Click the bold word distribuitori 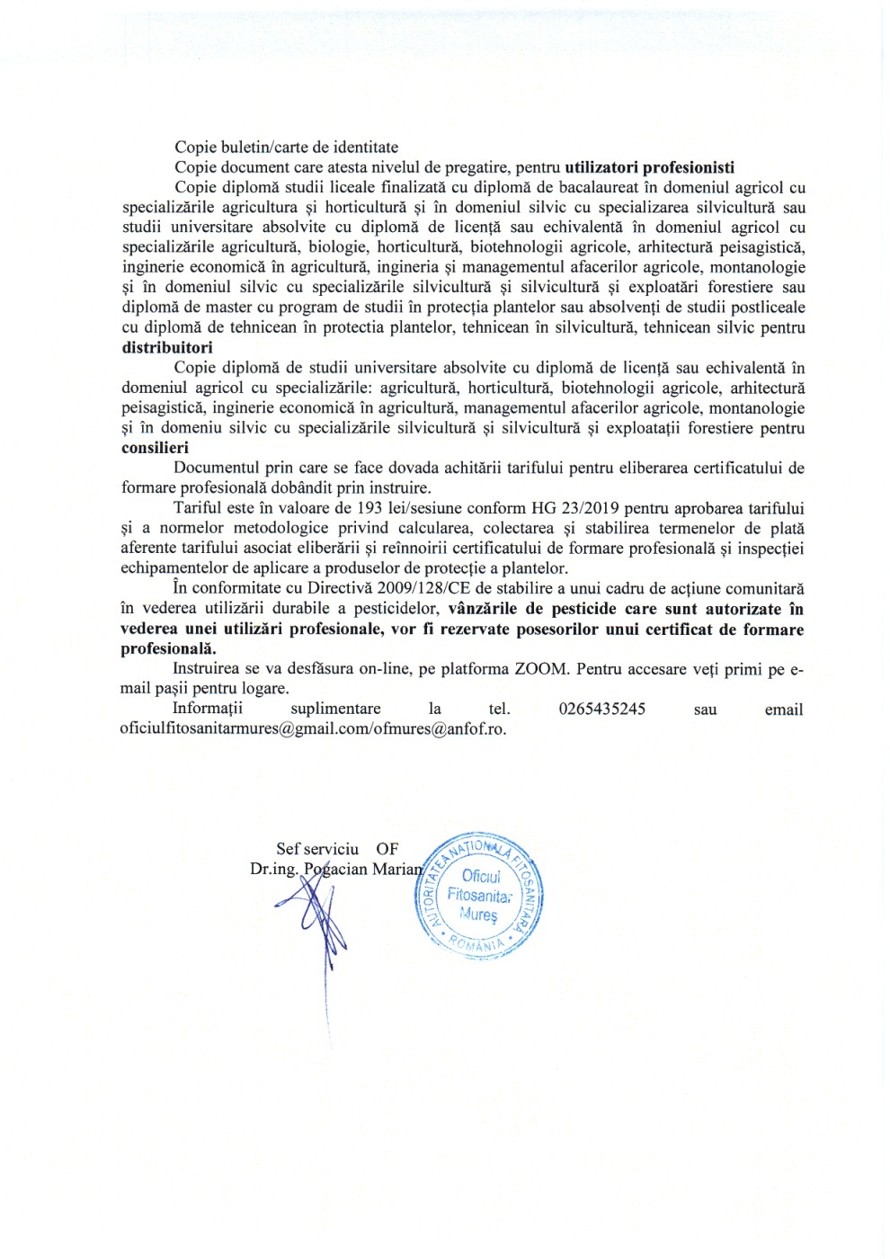(x=167, y=348)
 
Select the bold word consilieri (x=156, y=448)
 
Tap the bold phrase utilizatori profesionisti (x=649, y=167)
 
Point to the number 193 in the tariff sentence (x=369, y=508)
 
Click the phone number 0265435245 (x=601, y=709)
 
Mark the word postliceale (x=761, y=308)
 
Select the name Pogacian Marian (x=363, y=870)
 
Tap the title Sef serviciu (x=316, y=849)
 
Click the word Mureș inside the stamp (x=477, y=915)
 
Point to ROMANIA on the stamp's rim (x=476, y=944)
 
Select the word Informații (x=207, y=709)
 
